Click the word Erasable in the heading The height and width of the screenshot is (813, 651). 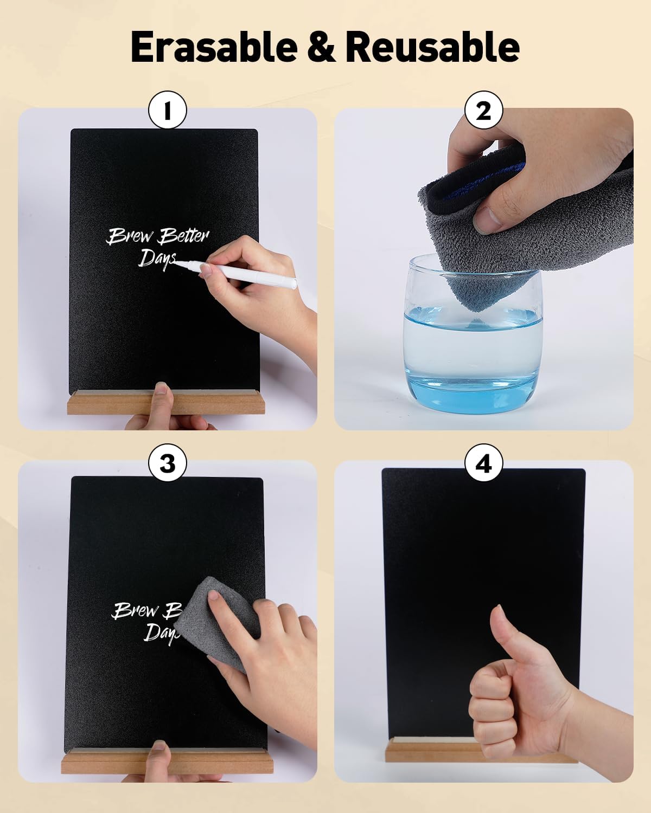tap(214, 47)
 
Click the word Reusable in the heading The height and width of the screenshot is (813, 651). tap(432, 47)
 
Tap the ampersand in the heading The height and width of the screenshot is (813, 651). tap(322, 47)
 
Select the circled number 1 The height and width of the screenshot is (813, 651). tap(168, 111)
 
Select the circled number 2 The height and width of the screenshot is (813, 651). tap(483, 111)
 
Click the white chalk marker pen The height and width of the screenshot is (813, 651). tap(237, 272)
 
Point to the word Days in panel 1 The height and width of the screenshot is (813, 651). tap(157, 260)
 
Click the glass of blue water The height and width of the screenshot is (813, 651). tap(473, 334)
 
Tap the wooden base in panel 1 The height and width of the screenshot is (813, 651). tap(166, 402)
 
